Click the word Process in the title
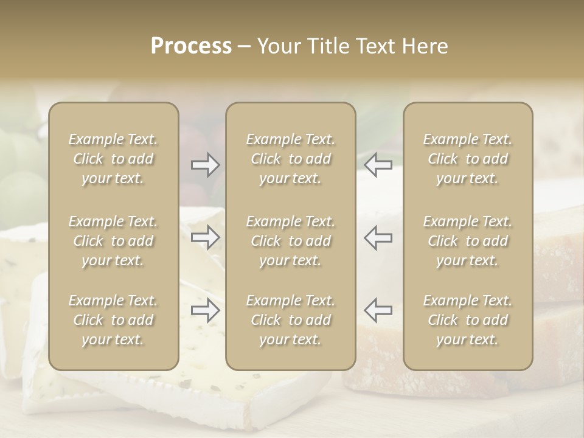(x=191, y=46)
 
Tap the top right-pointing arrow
(x=206, y=165)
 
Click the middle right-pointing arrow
(x=206, y=238)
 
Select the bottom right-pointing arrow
(x=206, y=310)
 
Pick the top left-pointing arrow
(x=378, y=165)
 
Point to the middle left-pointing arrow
(x=378, y=238)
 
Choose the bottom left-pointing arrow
(x=378, y=310)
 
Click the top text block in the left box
(x=113, y=159)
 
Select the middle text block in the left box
(x=113, y=241)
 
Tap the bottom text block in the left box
(x=113, y=320)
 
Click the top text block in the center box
(x=290, y=159)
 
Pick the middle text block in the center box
(x=290, y=241)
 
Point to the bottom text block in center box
(x=290, y=320)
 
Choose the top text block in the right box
(x=467, y=159)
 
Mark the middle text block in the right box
(x=467, y=241)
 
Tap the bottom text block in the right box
(x=467, y=320)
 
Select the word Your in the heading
(x=277, y=46)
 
